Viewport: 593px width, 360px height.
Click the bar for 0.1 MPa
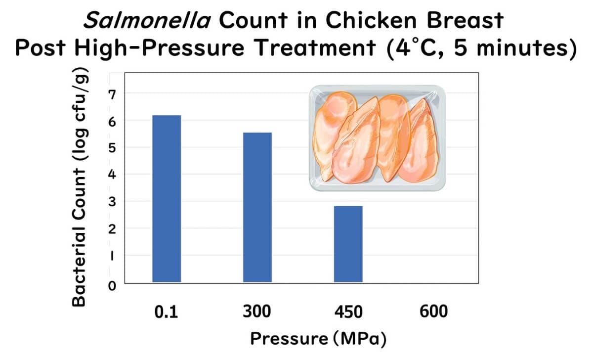pyautogui.click(x=167, y=199)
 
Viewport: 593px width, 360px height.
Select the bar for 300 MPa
pyautogui.click(x=257, y=208)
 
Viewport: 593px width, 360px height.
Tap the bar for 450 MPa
pyautogui.click(x=348, y=244)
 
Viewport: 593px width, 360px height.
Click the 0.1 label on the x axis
pyautogui.click(x=166, y=312)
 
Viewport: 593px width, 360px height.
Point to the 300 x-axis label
pyautogui.click(x=257, y=312)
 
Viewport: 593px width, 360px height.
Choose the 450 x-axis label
pyautogui.click(x=348, y=312)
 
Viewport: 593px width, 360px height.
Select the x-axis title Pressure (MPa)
pyautogui.click(x=318, y=339)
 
